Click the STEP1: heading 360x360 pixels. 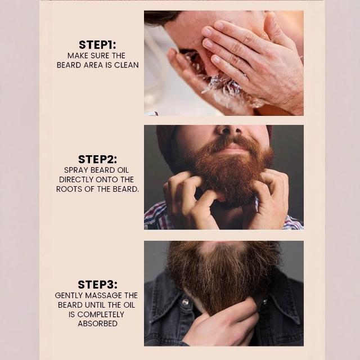point(97,45)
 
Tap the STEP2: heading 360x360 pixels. point(97,159)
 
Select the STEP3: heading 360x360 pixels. point(97,285)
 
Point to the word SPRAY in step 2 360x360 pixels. point(76,170)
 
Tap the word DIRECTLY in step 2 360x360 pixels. point(76,179)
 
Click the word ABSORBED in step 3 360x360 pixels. point(97,324)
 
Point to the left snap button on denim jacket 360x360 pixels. point(186,302)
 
